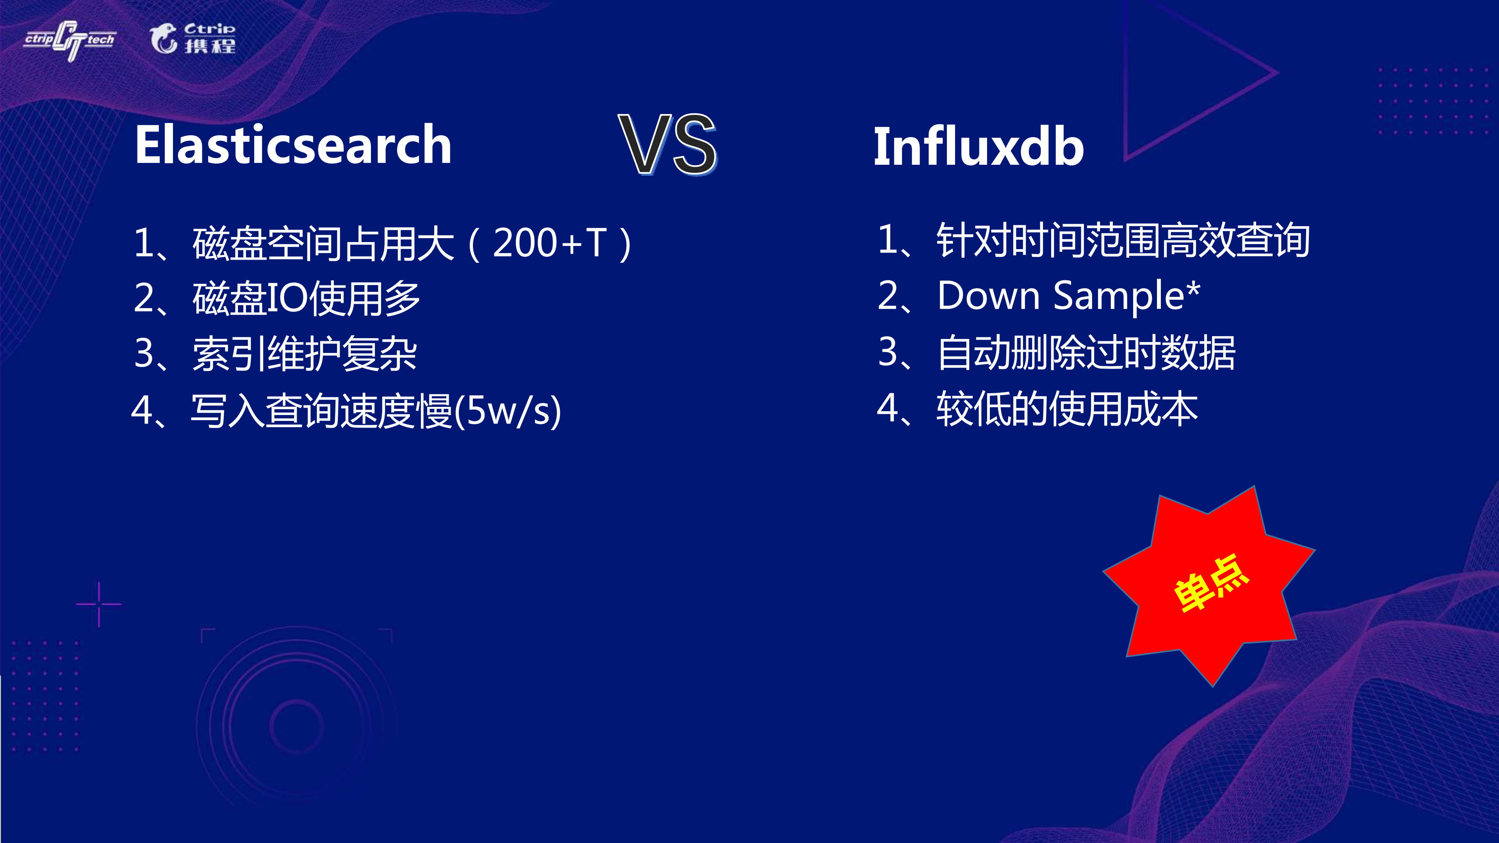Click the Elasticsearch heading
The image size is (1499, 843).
[x=293, y=145]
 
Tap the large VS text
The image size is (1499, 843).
[x=667, y=145]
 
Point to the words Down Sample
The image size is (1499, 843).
[x=1060, y=296]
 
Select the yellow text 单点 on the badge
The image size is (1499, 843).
[x=1210, y=583]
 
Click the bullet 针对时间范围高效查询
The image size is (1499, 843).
[x=1123, y=240]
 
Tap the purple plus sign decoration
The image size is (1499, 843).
[x=99, y=604]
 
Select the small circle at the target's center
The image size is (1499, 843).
[x=296, y=726]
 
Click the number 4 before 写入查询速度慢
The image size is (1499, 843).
[x=142, y=410]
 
